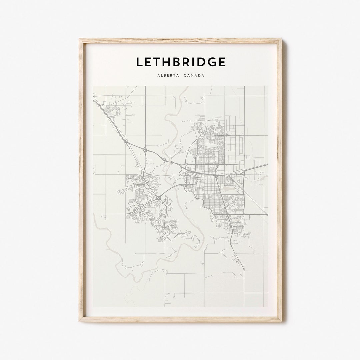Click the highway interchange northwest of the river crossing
pos(145,150)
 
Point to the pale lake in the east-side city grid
pos(228,188)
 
